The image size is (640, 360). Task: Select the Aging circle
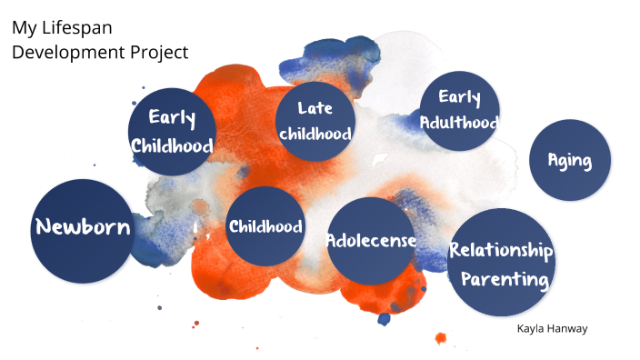click(569, 161)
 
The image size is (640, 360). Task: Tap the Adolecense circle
click(371, 241)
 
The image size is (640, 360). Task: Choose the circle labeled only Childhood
click(265, 226)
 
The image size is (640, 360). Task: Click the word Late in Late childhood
click(315, 108)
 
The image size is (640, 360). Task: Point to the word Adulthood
click(459, 121)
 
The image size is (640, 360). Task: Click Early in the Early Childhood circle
click(172, 117)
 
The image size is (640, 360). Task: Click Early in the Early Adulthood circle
click(459, 97)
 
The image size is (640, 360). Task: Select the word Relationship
click(501, 250)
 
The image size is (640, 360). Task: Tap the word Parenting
click(504, 278)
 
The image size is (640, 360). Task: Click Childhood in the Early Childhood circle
click(172, 145)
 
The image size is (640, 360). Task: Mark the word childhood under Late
click(315, 134)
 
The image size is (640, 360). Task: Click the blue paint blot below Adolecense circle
click(384, 317)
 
